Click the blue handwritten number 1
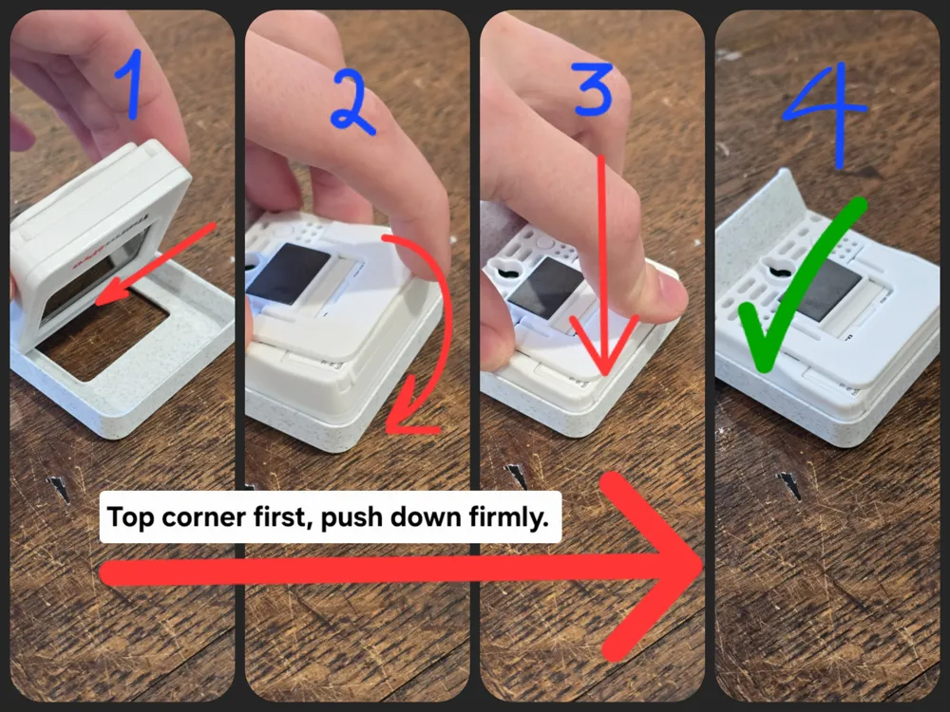pos(131,84)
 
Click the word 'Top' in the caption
pos(128,518)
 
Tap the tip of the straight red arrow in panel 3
pos(604,374)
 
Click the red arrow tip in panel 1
pos(98,301)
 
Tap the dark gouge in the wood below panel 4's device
pos(790,484)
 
